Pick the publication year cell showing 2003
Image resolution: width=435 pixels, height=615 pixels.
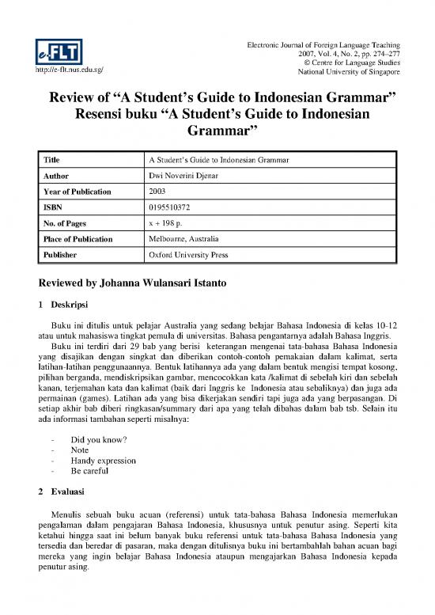157,192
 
